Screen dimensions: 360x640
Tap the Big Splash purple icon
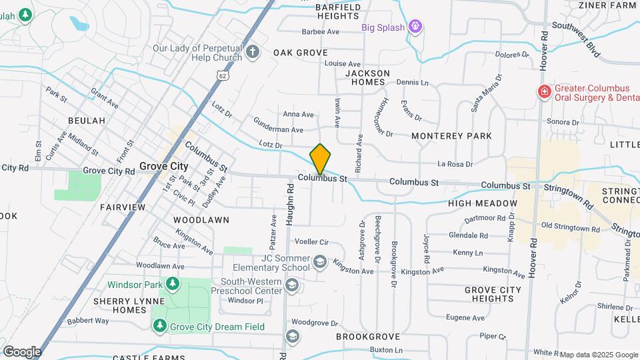[x=417, y=27]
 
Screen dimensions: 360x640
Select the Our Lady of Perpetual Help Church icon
[x=252, y=53]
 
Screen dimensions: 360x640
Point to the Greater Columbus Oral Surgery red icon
[x=544, y=92]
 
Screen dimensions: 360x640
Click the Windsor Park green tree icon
[x=173, y=285]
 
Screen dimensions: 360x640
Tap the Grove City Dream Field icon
[x=159, y=326]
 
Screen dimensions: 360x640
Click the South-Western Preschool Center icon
[x=291, y=286]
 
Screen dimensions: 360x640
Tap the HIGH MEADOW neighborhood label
[x=483, y=203]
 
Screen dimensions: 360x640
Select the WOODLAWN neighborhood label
[x=201, y=219]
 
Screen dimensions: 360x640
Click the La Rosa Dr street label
[x=455, y=164]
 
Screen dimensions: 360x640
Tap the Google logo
[x=22, y=351]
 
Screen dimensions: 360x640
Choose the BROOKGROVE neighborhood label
[x=367, y=337]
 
